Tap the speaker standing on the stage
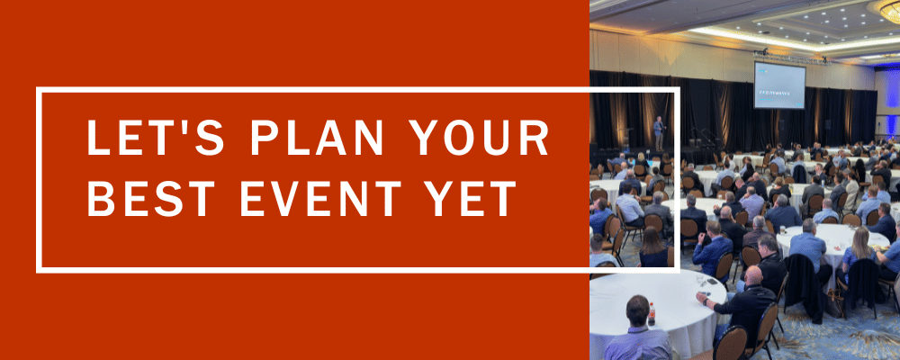[659, 133]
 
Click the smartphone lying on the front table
[709, 281]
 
